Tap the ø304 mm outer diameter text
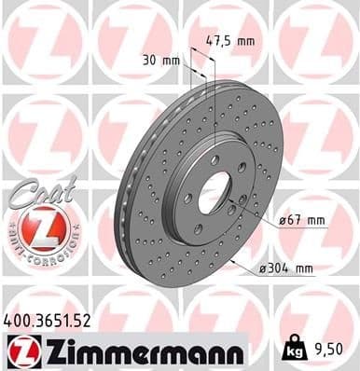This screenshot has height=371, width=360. (x=288, y=269)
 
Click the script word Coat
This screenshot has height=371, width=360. (x=37, y=192)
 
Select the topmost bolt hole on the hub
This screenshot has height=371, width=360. (x=215, y=159)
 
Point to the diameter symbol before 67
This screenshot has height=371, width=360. (x=283, y=221)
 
